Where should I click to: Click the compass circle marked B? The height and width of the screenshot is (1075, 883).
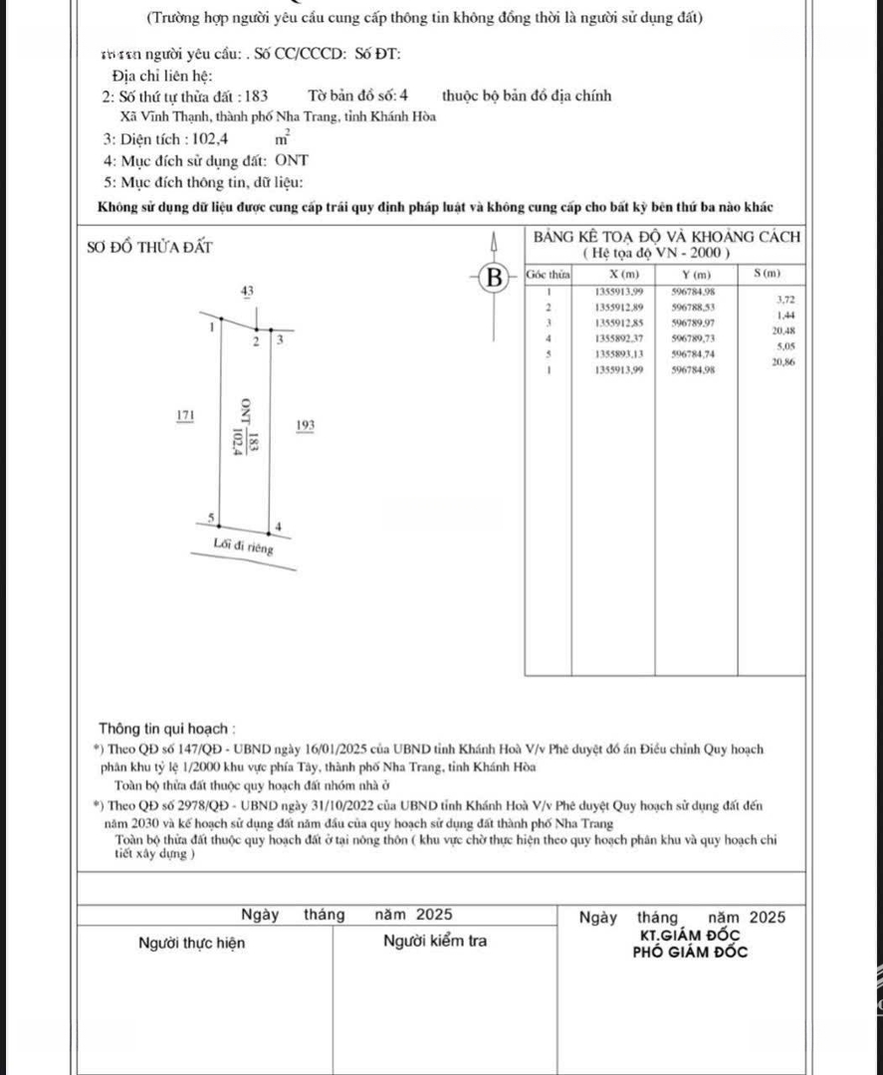tap(491, 276)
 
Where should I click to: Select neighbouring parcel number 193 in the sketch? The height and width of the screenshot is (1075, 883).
tap(305, 426)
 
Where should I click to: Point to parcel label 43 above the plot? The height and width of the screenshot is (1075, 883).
tap(247, 290)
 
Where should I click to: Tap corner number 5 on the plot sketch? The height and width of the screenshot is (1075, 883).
tap(210, 518)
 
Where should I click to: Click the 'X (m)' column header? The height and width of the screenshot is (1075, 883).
tap(609, 275)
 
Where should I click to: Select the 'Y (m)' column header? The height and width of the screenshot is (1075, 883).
tap(696, 275)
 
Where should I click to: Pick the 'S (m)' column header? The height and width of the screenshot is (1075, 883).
tap(768, 275)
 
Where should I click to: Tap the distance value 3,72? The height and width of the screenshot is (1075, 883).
tap(784, 299)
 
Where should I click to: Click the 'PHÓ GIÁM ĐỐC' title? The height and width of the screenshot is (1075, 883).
tap(691, 953)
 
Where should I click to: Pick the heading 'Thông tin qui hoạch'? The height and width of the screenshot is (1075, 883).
tap(166, 729)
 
